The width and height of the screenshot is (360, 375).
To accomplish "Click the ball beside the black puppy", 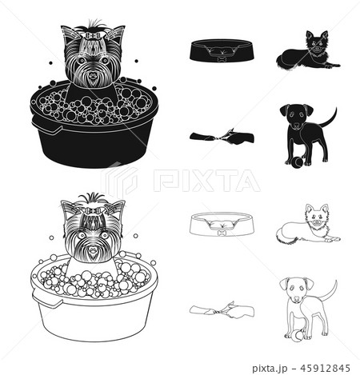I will tap(295, 162).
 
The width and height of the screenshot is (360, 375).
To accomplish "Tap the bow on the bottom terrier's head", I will tap(93, 210).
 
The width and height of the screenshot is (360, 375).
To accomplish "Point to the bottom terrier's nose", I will tap(94, 250).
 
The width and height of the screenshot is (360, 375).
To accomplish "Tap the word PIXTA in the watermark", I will tap(206, 181).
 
